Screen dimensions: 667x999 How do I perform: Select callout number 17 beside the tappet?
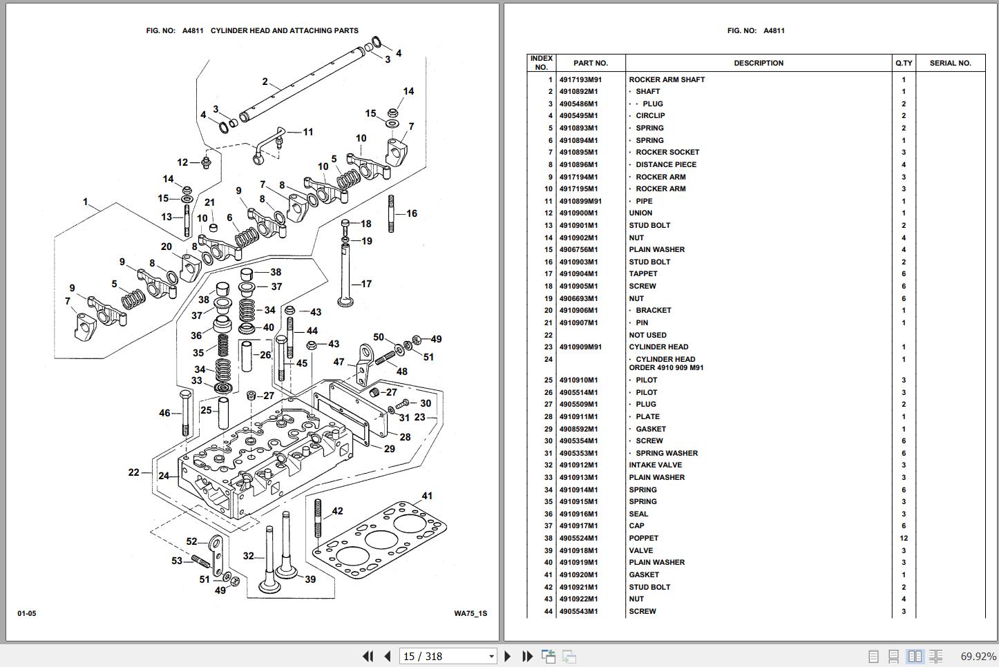coord(366,284)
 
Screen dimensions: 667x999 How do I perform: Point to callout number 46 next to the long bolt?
coord(164,413)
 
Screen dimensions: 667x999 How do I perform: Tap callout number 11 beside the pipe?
coord(308,132)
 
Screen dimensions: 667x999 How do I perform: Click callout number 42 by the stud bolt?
coord(337,512)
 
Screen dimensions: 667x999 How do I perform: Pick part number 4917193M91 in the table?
coord(580,79)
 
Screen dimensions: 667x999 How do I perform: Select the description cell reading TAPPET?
coord(643,274)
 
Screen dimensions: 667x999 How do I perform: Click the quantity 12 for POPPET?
coord(904,539)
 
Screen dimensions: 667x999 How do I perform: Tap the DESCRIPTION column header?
coord(758,63)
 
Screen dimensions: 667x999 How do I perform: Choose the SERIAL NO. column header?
coord(950,63)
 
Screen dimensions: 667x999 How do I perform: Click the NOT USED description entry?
coord(647,335)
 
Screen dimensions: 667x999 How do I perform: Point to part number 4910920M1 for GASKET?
coord(578,575)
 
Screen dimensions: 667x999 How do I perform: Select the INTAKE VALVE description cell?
coord(655,465)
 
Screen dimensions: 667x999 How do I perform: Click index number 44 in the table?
coord(548,612)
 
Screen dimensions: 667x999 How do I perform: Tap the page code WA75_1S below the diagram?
coord(470,613)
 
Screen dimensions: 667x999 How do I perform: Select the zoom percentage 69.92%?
coord(978,656)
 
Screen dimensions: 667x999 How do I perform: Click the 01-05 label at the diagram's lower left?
coord(27,613)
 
